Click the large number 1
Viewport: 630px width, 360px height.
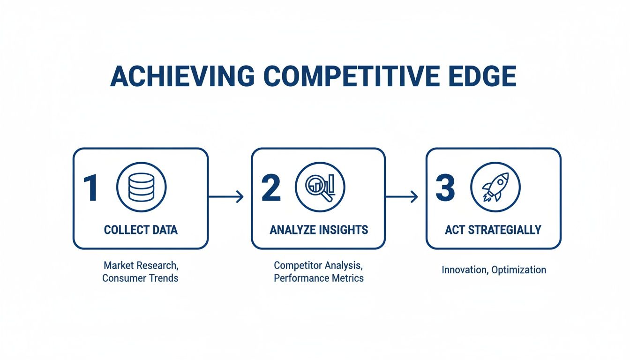pos(90,189)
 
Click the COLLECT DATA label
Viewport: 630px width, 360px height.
pos(141,230)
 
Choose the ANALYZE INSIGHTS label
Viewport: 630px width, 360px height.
pos(319,230)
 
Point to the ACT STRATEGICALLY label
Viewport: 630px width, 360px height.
pos(493,230)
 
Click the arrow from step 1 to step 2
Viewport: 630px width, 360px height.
pos(226,197)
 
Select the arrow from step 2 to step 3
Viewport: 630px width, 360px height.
pos(401,197)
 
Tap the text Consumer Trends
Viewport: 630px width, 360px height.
pos(140,278)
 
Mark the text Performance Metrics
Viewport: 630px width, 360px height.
pos(318,278)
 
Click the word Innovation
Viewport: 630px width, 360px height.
pos(464,270)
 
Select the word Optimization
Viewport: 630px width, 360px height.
pos(519,270)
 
